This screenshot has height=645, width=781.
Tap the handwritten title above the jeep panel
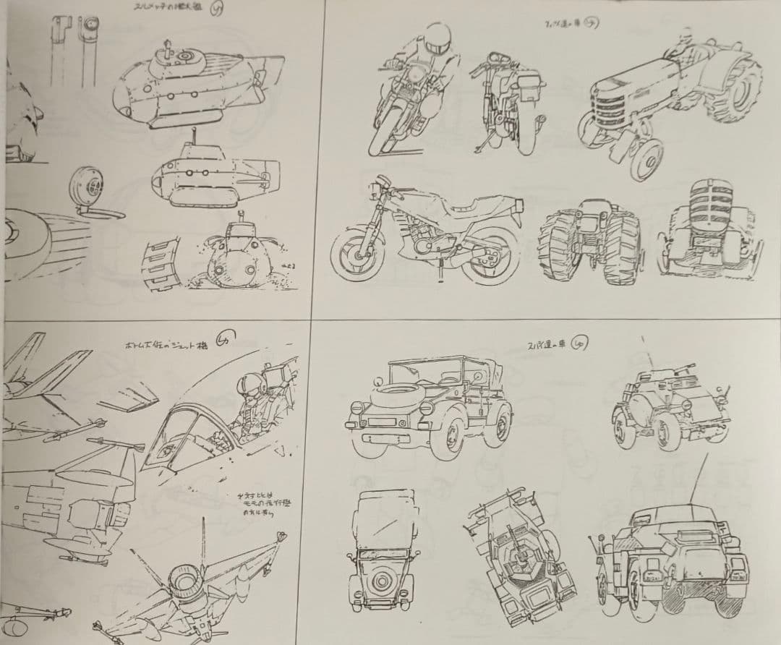[x=550, y=343]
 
